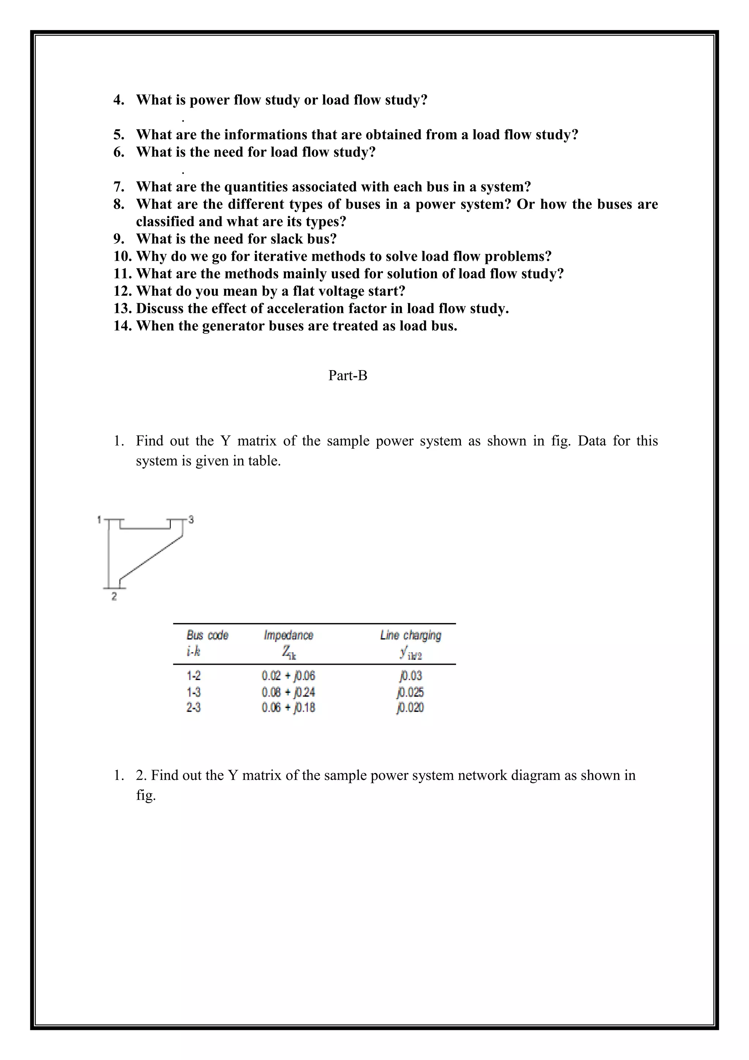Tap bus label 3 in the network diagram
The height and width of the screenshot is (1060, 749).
[191, 520]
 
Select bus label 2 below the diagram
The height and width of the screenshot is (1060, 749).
[114, 597]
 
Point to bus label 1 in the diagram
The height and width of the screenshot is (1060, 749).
[99, 520]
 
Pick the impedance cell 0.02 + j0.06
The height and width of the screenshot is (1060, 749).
[288, 676]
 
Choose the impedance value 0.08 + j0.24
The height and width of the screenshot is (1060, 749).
[288, 692]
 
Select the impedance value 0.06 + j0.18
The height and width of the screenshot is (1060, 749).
[288, 707]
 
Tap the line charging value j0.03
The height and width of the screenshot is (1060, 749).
[410, 676]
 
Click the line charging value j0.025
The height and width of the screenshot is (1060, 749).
[410, 692]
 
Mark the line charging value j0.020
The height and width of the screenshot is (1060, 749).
[410, 707]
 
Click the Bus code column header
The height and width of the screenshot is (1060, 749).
[207, 635]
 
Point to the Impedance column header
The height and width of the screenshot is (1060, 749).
[288, 635]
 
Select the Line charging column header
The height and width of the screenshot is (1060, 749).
[410, 635]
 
